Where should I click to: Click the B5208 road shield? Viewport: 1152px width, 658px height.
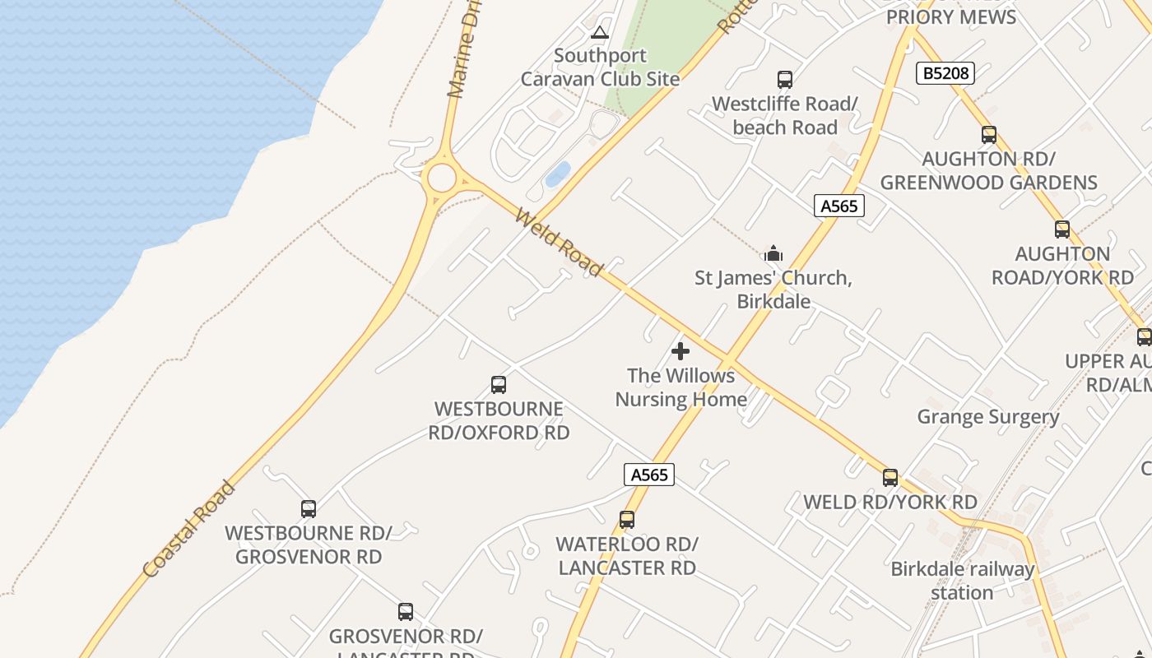(945, 73)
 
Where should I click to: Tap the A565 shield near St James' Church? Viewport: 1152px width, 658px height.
(839, 206)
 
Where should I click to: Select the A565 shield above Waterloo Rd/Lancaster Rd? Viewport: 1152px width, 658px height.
(648, 475)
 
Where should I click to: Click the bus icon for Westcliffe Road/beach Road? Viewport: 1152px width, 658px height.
(785, 80)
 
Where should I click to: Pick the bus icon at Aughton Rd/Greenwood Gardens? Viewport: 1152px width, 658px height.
(988, 134)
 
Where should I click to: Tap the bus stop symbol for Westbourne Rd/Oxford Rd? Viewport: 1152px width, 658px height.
(498, 384)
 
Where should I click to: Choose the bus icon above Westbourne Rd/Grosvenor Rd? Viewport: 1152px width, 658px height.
(309, 509)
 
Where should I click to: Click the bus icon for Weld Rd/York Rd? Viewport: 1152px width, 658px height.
(890, 477)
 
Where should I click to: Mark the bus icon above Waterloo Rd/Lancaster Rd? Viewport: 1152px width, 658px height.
(627, 520)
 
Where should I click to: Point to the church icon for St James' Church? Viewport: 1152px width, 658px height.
(773, 253)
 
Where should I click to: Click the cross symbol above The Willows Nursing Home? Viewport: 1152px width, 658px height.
(681, 351)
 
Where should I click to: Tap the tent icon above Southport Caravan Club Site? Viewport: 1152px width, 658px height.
(600, 33)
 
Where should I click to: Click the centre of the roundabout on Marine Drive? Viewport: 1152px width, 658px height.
(442, 178)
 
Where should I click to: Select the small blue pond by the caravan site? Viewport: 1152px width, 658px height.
(558, 174)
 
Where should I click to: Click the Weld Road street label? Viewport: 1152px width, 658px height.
(559, 242)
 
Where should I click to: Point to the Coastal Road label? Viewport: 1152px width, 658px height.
(189, 530)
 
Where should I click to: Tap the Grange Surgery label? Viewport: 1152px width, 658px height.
(988, 416)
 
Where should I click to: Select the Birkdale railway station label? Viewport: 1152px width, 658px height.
(962, 581)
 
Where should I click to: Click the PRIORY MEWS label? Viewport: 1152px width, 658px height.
(951, 16)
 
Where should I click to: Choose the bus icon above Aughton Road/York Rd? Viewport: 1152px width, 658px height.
(1062, 229)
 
